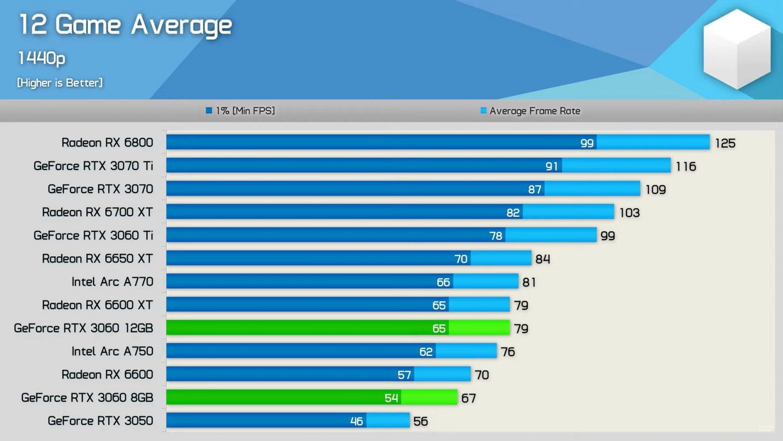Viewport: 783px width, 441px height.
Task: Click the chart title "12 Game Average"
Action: (x=125, y=25)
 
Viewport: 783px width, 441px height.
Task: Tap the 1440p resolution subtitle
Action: (x=42, y=58)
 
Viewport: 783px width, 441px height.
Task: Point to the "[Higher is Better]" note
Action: (x=60, y=83)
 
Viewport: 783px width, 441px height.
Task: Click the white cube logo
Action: (x=737, y=49)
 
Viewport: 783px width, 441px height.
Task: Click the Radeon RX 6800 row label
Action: (x=107, y=143)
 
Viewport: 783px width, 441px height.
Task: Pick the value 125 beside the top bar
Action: (x=725, y=143)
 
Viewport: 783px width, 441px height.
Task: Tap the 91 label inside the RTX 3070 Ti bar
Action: (x=552, y=166)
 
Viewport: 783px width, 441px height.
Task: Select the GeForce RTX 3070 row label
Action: (x=100, y=189)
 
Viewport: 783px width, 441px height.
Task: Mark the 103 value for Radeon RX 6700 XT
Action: (x=629, y=213)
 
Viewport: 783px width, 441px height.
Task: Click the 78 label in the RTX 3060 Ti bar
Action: (x=496, y=236)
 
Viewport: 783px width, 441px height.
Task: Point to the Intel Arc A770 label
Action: (x=112, y=282)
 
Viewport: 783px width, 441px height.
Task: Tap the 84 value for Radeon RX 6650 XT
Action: (x=542, y=259)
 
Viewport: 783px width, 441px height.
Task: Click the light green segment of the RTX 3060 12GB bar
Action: (x=479, y=328)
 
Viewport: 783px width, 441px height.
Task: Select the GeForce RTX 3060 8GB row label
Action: (x=87, y=397)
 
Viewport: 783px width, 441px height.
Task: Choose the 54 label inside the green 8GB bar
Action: (x=391, y=398)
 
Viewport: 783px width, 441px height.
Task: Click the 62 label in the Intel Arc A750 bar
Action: (x=426, y=351)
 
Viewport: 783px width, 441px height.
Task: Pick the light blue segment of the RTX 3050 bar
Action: (x=388, y=420)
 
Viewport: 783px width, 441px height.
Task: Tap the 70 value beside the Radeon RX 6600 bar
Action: (x=482, y=375)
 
